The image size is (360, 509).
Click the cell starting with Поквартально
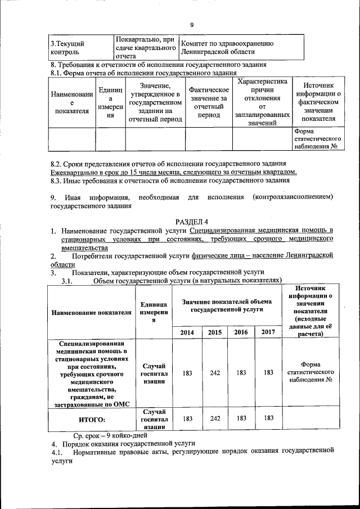(x=145, y=48)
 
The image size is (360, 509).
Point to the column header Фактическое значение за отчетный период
(x=209, y=102)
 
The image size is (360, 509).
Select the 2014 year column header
(x=187, y=332)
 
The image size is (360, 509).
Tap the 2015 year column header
(x=214, y=332)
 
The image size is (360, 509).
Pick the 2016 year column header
(x=241, y=332)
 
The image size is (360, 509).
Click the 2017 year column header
(x=268, y=332)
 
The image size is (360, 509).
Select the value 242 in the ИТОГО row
(x=214, y=418)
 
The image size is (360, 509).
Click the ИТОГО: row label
(x=91, y=419)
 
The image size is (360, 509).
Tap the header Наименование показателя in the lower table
(x=91, y=313)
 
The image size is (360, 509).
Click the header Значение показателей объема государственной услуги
(x=228, y=306)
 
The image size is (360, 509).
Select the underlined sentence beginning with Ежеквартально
(x=174, y=172)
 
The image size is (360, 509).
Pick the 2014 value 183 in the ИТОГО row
(x=187, y=418)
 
